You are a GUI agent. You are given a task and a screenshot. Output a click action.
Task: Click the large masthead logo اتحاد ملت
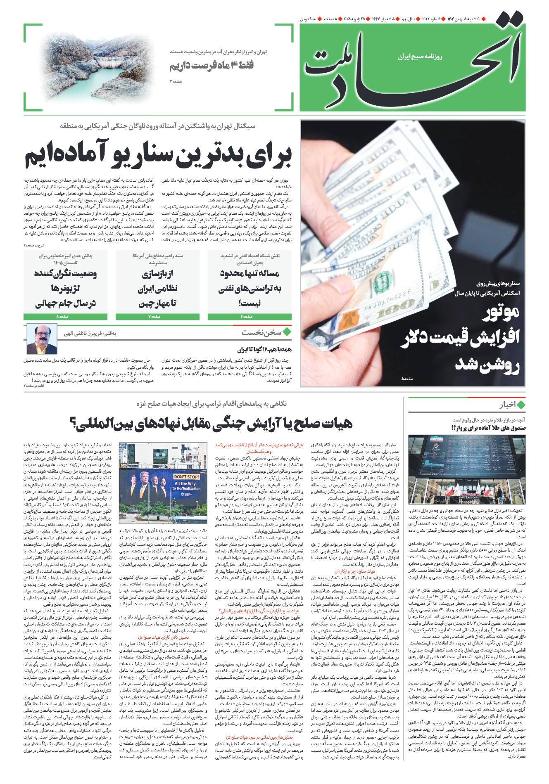[x=413, y=66]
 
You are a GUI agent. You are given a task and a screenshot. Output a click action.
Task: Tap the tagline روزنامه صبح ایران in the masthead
[x=420, y=57]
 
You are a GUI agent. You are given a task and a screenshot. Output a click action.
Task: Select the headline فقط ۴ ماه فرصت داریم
[x=212, y=65]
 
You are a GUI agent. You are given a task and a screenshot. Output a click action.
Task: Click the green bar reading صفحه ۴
[x=249, y=317]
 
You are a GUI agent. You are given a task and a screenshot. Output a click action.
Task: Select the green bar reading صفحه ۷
[x=157, y=317]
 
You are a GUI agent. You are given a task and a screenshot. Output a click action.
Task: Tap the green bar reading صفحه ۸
[x=65, y=317]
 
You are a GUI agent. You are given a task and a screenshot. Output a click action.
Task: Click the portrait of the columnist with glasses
[x=42, y=339]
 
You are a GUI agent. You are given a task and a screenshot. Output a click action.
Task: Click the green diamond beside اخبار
[x=521, y=405]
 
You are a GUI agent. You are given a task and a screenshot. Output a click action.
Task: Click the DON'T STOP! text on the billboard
[x=186, y=476]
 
